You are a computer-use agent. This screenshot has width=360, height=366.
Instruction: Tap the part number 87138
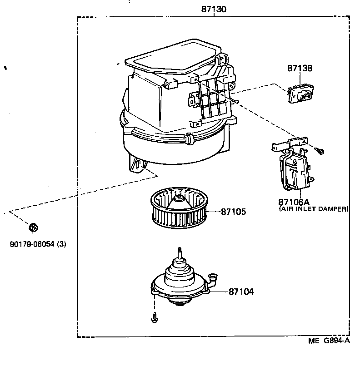[300, 68]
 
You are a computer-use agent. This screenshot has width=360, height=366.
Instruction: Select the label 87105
[234, 212]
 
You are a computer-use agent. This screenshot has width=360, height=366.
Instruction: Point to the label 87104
[241, 292]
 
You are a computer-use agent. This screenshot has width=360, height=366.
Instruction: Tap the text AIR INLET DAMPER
[313, 209]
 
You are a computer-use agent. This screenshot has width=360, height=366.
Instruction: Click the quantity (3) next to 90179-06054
[61, 244]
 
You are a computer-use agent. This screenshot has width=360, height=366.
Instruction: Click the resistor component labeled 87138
[299, 94]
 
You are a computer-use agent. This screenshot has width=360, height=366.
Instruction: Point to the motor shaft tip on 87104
[180, 249]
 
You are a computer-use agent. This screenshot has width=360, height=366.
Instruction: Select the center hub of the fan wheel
[180, 198]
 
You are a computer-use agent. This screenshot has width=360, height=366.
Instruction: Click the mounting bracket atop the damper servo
[289, 144]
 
